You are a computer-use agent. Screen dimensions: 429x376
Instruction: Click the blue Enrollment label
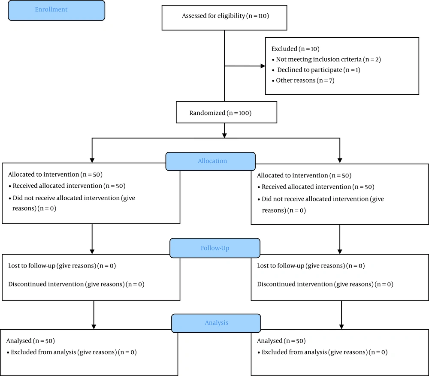pyautogui.click(x=51, y=9)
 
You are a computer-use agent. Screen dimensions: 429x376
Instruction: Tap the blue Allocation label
pyautogui.click(x=212, y=161)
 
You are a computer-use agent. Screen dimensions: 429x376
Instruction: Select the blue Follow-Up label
pyautogui.click(x=215, y=248)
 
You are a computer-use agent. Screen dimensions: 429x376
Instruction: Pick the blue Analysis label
pyautogui.click(x=216, y=323)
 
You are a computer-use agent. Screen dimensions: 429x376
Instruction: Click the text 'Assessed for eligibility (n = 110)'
pyautogui.click(x=226, y=16)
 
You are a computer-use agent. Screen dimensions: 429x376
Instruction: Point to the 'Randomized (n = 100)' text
pyautogui.click(x=220, y=113)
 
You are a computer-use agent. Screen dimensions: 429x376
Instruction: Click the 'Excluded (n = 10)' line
pyautogui.click(x=296, y=49)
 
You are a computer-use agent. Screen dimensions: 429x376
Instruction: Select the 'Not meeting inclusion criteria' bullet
pyautogui.click(x=326, y=59)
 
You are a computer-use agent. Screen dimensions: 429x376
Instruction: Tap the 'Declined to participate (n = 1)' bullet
pyautogui.click(x=316, y=70)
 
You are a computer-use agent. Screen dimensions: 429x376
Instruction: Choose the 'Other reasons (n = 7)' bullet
pyautogui.click(x=303, y=81)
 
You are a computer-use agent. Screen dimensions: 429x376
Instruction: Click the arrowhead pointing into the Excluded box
pyautogui.click(x=263, y=66)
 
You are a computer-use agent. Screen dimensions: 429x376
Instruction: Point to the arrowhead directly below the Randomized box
pyautogui.click(x=224, y=135)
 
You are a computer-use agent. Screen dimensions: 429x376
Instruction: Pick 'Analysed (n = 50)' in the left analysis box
pyautogui.click(x=30, y=341)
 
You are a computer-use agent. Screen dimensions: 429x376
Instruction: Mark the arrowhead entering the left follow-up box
pyautogui.click(x=92, y=252)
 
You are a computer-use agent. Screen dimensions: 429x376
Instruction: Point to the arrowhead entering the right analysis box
pyautogui.click(x=341, y=327)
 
